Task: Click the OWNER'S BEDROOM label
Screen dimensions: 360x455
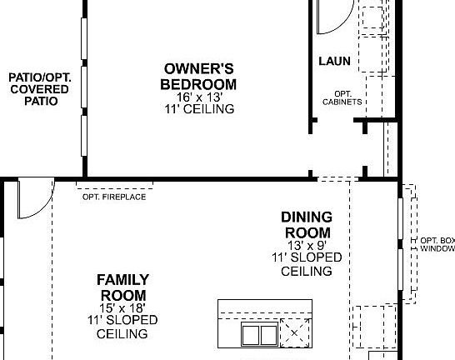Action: (198, 77)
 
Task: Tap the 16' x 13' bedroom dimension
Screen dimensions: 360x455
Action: (198, 97)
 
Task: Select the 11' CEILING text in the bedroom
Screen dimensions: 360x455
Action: (198, 109)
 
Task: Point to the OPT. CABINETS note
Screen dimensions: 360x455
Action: (342, 97)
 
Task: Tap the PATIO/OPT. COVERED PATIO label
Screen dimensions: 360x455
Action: (40, 89)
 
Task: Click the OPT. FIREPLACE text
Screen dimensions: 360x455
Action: (114, 197)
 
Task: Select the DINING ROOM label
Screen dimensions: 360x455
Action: (307, 225)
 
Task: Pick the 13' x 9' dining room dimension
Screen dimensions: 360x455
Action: (307, 246)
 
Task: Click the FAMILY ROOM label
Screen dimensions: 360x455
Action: (122, 287)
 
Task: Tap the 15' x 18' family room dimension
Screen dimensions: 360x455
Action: (122, 308)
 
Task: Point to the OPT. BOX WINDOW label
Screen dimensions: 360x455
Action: (437, 243)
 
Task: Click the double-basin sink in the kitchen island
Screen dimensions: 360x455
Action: (258, 335)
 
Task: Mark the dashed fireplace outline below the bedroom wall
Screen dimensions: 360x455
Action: (114, 184)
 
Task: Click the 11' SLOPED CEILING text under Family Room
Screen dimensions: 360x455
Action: (122, 327)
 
